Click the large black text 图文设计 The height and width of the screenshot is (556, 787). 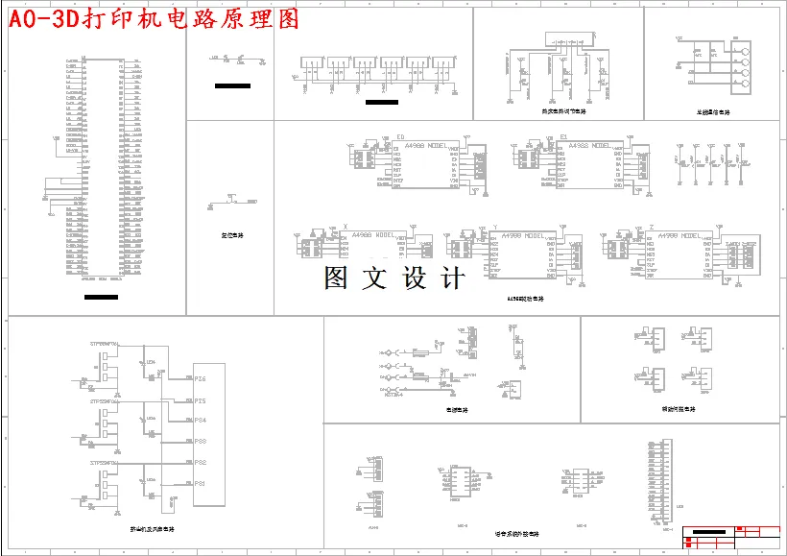(394, 278)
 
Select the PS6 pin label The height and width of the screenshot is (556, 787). (201, 378)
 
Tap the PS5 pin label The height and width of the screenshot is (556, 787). (201, 399)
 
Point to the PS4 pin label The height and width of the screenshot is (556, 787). (201, 420)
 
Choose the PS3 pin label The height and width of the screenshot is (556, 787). (201, 441)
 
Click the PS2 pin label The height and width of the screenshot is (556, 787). (201, 463)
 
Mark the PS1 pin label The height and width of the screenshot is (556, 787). (201, 483)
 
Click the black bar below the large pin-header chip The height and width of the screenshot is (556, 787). (101, 297)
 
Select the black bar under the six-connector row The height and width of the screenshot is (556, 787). (381, 102)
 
